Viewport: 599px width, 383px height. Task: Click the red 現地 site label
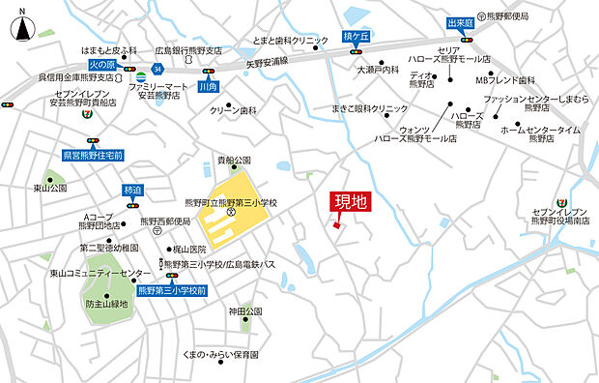(x=350, y=202)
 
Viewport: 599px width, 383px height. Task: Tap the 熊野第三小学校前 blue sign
(x=172, y=289)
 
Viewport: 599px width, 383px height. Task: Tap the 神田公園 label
(x=245, y=311)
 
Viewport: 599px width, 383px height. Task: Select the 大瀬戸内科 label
(x=378, y=70)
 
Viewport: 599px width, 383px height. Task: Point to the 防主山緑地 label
(x=106, y=304)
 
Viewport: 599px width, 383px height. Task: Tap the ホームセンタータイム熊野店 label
(x=540, y=133)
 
